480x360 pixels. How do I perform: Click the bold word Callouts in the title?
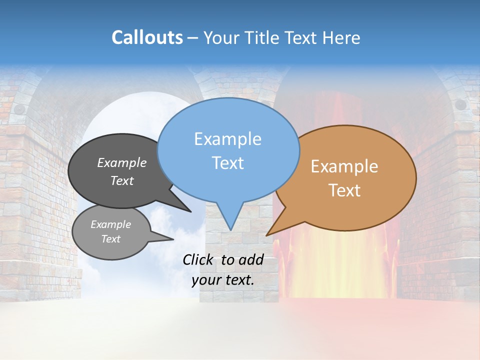147,37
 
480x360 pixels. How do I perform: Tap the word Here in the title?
342,37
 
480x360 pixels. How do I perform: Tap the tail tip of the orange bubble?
266,235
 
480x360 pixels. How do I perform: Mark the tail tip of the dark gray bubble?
190,211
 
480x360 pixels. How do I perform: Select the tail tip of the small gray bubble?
173,239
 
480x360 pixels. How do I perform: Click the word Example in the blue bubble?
227,139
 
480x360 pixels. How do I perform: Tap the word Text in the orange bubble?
344,190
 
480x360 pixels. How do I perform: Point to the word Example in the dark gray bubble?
122,162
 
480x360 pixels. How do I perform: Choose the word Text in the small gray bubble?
111,239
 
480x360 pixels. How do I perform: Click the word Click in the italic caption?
197,259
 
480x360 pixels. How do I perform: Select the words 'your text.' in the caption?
223,280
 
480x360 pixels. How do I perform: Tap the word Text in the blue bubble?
227,163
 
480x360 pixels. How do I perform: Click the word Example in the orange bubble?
344,166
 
